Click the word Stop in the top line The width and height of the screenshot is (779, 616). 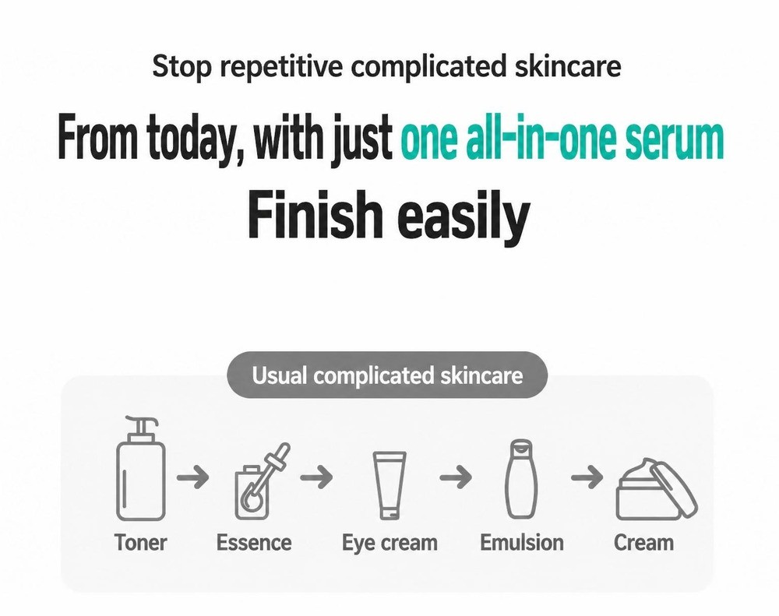tap(182, 66)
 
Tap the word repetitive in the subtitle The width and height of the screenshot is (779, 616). tap(281, 66)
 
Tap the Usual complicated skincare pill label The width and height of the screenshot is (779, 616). tap(387, 375)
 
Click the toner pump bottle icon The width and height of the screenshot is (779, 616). tap(140, 468)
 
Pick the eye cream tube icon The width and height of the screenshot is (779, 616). tap(389, 485)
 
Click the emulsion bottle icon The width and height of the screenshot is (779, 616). tap(520, 479)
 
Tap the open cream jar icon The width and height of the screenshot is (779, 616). tap(656, 489)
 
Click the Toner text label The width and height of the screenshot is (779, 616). tap(140, 543)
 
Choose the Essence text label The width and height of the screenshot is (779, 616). tap(254, 543)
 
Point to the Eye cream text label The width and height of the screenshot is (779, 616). tap(389, 544)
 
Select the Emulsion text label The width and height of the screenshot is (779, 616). tap(522, 543)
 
